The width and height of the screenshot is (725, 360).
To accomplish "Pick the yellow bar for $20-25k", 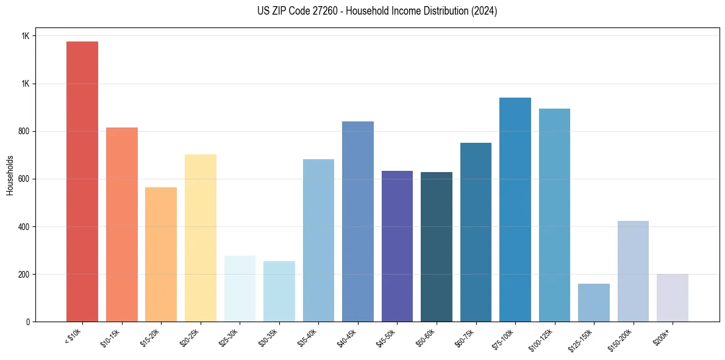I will click(200, 238).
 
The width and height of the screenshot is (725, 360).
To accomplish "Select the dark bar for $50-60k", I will click(437, 247).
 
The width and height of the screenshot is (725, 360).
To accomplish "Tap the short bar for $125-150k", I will click(594, 303).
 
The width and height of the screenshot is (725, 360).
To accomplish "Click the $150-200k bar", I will click(633, 272).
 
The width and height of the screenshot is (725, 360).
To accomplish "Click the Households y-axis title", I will click(10, 175).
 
